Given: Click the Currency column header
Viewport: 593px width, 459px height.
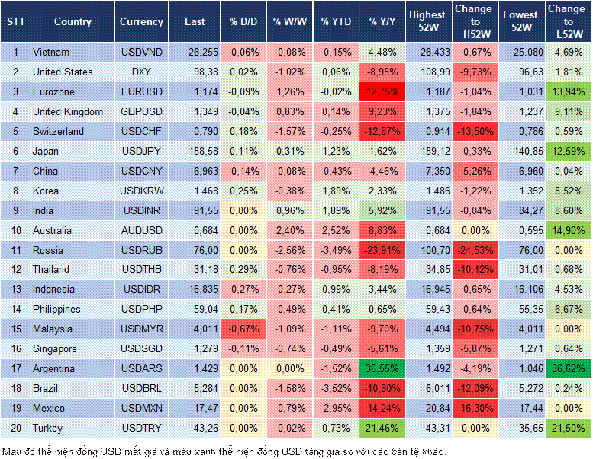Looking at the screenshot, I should pos(141,21).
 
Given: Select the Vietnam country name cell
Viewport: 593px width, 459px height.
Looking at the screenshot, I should pos(51,52).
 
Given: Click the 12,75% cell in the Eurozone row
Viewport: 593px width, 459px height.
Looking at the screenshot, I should pos(384,91).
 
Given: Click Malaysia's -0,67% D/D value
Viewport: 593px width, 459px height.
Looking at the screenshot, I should pos(243,329).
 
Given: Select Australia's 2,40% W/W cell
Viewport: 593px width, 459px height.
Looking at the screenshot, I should pos(291,230).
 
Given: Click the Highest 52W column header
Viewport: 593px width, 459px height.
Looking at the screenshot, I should pos(427,21).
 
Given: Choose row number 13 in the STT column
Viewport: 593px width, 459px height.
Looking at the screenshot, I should pos(15,289).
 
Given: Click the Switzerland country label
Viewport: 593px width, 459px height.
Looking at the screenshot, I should pos(59,131).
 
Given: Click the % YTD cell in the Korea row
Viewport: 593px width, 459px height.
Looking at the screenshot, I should pos(337,191).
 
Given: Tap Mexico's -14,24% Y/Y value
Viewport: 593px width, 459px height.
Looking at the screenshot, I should pos(384,408).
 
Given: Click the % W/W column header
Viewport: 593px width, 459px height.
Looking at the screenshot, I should pos(290,21).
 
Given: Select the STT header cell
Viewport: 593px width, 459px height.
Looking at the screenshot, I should pos(15,21).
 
